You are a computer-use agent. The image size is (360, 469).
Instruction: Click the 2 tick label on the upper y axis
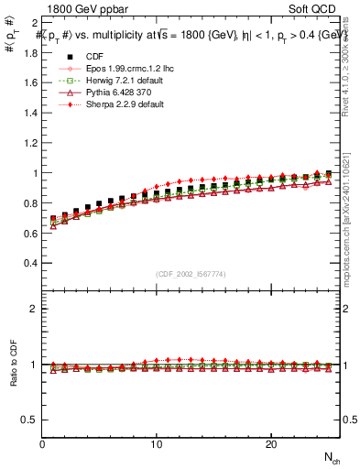33,22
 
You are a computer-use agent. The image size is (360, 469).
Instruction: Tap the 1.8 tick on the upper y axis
29,52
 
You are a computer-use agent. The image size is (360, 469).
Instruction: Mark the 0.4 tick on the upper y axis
29,263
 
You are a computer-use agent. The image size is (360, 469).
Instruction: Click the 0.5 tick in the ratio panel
29,420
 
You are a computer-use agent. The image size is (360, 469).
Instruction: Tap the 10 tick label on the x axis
157,444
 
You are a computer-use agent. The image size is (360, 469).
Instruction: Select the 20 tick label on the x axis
271,444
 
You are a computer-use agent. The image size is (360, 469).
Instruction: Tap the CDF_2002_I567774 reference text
191,274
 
